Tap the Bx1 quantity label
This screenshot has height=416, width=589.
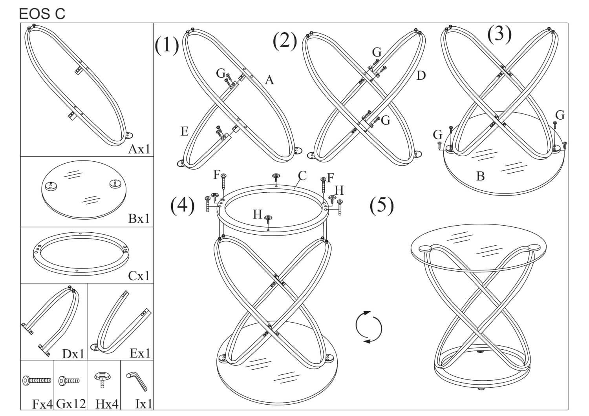click(139, 218)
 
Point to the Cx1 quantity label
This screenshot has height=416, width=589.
click(139, 276)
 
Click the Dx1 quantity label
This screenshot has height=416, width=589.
click(73, 354)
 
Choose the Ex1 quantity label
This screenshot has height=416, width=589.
click(140, 353)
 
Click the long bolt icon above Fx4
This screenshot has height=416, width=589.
click(37, 380)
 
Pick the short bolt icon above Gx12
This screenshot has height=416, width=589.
click(69, 380)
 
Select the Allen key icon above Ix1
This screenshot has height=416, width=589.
click(137, 381)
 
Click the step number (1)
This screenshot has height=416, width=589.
click(166, 45)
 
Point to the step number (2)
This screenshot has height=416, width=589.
click(285, 42)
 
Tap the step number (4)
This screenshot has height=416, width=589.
click(182, 206)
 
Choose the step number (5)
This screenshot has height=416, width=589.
click(382, 206)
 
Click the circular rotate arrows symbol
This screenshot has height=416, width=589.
click(368, 327)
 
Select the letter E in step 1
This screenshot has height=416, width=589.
click(185, 131)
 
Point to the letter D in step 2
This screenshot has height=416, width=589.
click(421, 75)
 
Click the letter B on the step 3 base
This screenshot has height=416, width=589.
click(480, 176)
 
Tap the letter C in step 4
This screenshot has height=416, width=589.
click(302, 175)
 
